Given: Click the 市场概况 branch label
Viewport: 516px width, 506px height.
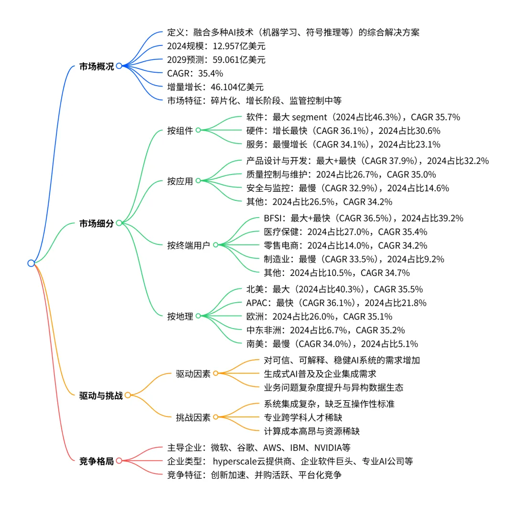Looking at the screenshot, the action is pos(97,66).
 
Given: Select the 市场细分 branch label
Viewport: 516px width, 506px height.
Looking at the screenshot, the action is pos(97,223).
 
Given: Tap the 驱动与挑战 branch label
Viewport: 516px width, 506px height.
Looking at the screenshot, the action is pos(101,396).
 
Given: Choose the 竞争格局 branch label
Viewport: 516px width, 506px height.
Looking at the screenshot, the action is pos(97,461).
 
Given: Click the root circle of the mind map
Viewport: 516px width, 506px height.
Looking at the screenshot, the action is pos(31,263).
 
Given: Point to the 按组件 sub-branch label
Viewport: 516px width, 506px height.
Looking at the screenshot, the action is pos(180,131).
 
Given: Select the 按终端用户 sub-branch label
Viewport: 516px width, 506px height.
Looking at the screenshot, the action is pos(189,245).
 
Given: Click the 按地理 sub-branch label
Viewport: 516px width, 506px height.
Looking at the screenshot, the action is pos(180,316).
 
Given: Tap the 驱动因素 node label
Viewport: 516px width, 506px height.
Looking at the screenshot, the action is pos(193,374).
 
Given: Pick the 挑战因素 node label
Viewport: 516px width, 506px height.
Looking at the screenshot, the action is pos(193,418).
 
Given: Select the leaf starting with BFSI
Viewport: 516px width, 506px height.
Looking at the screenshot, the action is pos(363,219).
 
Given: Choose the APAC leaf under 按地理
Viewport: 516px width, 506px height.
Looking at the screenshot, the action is pos(335,303).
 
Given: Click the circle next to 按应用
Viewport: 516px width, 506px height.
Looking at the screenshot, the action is pos(198,181).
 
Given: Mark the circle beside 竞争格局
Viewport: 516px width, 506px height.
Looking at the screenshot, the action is pos(119,461).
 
